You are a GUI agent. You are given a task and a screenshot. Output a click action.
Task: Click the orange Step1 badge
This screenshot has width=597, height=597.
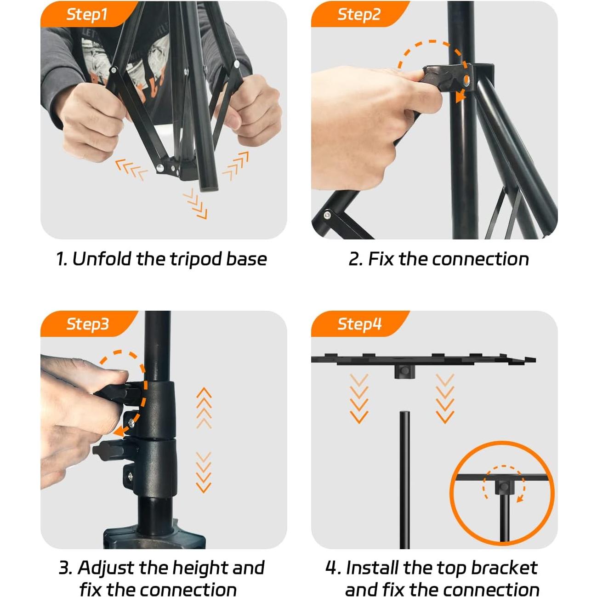(86, 14)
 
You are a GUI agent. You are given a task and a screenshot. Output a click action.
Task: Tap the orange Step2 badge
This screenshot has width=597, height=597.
(358, 14)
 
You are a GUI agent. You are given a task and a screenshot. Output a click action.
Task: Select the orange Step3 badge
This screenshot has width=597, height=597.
(87, 324)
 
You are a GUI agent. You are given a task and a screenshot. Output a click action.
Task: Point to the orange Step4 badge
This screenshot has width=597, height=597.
(359, 324)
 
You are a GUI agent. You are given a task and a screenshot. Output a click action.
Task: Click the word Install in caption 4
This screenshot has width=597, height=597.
(371, 568)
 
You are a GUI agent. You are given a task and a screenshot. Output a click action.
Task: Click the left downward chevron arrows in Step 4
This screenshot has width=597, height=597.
(358, 398)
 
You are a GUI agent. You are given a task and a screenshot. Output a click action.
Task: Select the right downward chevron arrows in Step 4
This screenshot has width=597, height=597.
(444, 398)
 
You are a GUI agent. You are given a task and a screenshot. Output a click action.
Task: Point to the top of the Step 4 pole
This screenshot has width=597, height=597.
(404, 414)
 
